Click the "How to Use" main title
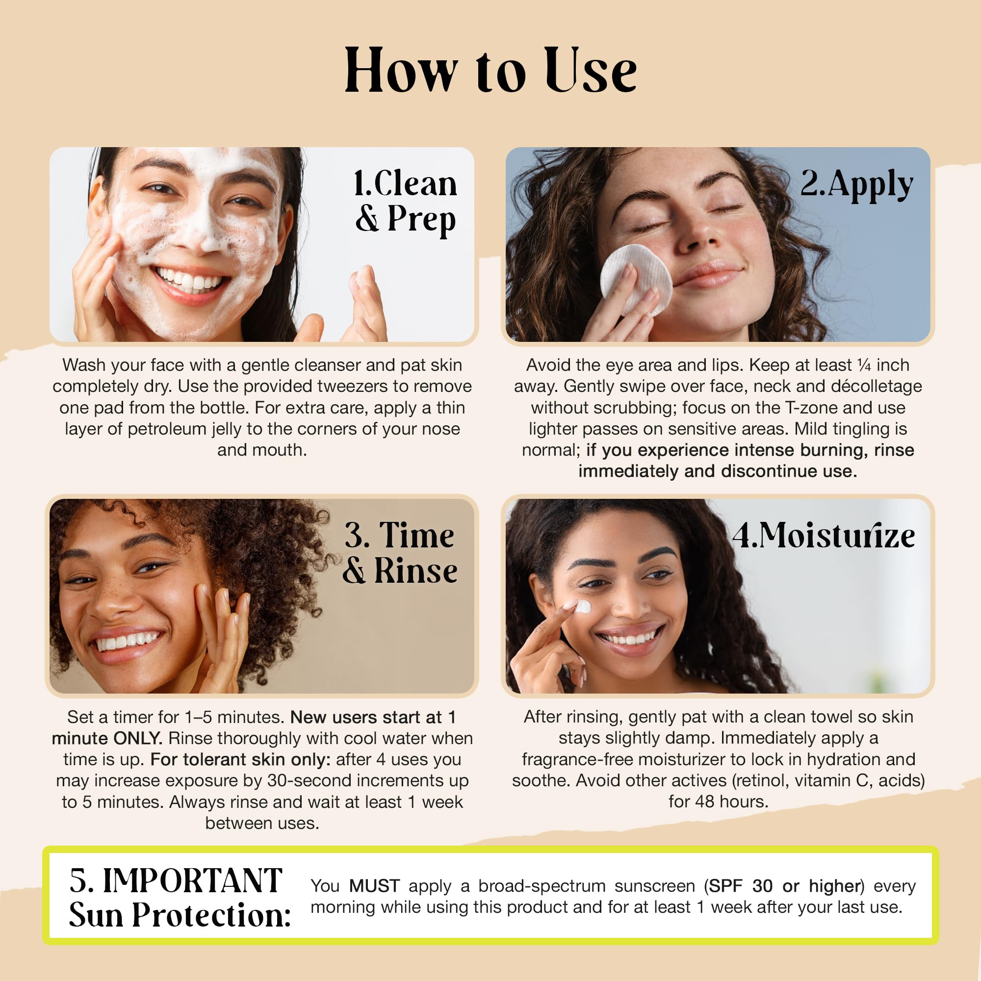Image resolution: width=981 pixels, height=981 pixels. pyautogui.click(x=490, y=70)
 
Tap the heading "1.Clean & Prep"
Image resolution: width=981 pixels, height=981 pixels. pyautogui.click(x=406, y=202)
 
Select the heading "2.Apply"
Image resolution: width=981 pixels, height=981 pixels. pyautogui.click(x=856, y=184)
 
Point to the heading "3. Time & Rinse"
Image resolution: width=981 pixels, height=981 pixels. pyautogui.click(x=400, y=553)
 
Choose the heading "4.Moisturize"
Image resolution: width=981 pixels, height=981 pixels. pyautogui.click(x=824, y=536)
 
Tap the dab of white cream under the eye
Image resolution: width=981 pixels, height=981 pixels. pyautogui.click(x=584, y=607)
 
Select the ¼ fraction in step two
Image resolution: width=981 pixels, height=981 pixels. pyautogui.click(x=864, y=364)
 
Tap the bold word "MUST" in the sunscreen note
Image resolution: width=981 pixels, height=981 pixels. pyautogui.click(x=375, y=886)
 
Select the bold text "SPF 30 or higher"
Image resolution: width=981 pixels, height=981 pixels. pyautogui.click(x=785, y=886)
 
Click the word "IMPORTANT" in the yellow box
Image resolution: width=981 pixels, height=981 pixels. pyautogui.click(x=192, y=880)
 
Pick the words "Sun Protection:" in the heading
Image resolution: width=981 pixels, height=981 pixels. pyautogui.click(x=180, y=915)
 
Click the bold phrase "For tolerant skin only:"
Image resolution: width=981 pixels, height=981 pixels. pyautogui.click(x=240, y=760)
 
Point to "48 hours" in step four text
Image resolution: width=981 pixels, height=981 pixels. pyautogui.click(x=731, y=802)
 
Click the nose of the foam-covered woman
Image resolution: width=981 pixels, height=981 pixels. pyautogui.click(x=208, y=231)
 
